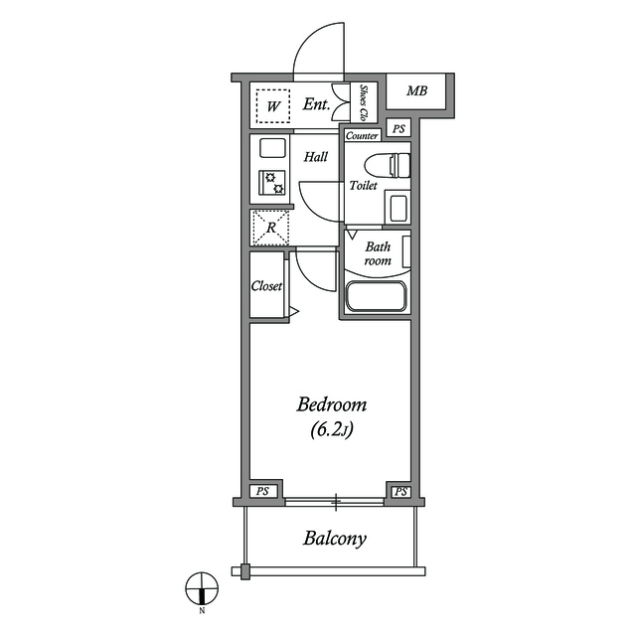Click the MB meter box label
click(417, 90)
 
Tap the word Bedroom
click(332, 404)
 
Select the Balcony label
click(335, 539)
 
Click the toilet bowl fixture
click(388, 166)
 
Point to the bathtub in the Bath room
click(376, 296)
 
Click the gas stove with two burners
click(271, 183)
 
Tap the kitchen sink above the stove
click(272, 148)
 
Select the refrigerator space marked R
click(270, 228)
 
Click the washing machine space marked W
click(273, 106)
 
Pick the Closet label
click(266, 286)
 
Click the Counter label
click(362, 136)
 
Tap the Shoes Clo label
click(364, 103)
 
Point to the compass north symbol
click(202, 588)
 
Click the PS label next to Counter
click(398, 129)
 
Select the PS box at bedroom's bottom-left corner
click(262, 492)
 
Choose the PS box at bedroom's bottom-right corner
click(400, 492)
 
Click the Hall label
click(316, 157)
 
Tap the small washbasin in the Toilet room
click(398, 208)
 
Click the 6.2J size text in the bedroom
click(332, 430)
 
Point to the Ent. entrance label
click(316, 104)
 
